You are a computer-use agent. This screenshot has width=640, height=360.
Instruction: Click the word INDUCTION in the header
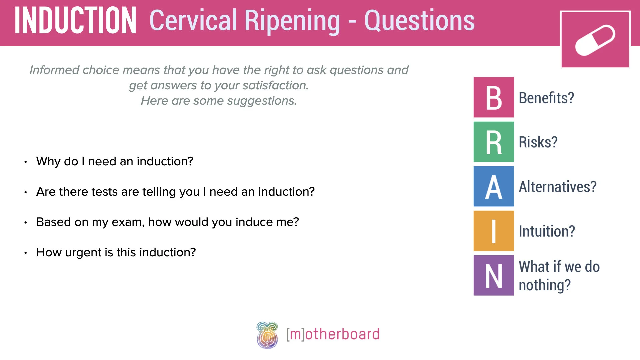75,21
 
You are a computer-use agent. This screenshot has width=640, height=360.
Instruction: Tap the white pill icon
595,40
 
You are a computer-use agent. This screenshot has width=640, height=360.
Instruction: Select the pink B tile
493,97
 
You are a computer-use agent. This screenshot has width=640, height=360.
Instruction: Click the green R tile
493,142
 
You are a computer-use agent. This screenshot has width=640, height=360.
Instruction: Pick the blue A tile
493,186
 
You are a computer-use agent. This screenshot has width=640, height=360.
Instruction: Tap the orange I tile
493,231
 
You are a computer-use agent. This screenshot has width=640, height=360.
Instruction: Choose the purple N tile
493,275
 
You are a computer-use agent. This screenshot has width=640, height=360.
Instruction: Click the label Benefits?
546,98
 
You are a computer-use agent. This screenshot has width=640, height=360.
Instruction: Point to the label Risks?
538,142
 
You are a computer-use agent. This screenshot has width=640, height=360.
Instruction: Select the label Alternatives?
557,187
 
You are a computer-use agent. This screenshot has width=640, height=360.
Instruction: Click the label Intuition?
547,231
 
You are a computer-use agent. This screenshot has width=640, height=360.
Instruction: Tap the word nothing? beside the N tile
545,285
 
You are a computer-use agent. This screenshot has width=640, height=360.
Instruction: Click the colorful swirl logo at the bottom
267,335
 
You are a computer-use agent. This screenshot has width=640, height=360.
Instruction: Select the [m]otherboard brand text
333,334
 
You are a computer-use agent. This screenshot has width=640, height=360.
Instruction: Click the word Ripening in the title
292,21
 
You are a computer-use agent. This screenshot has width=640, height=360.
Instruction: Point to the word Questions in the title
419,21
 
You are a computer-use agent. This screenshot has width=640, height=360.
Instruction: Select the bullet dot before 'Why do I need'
25,162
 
